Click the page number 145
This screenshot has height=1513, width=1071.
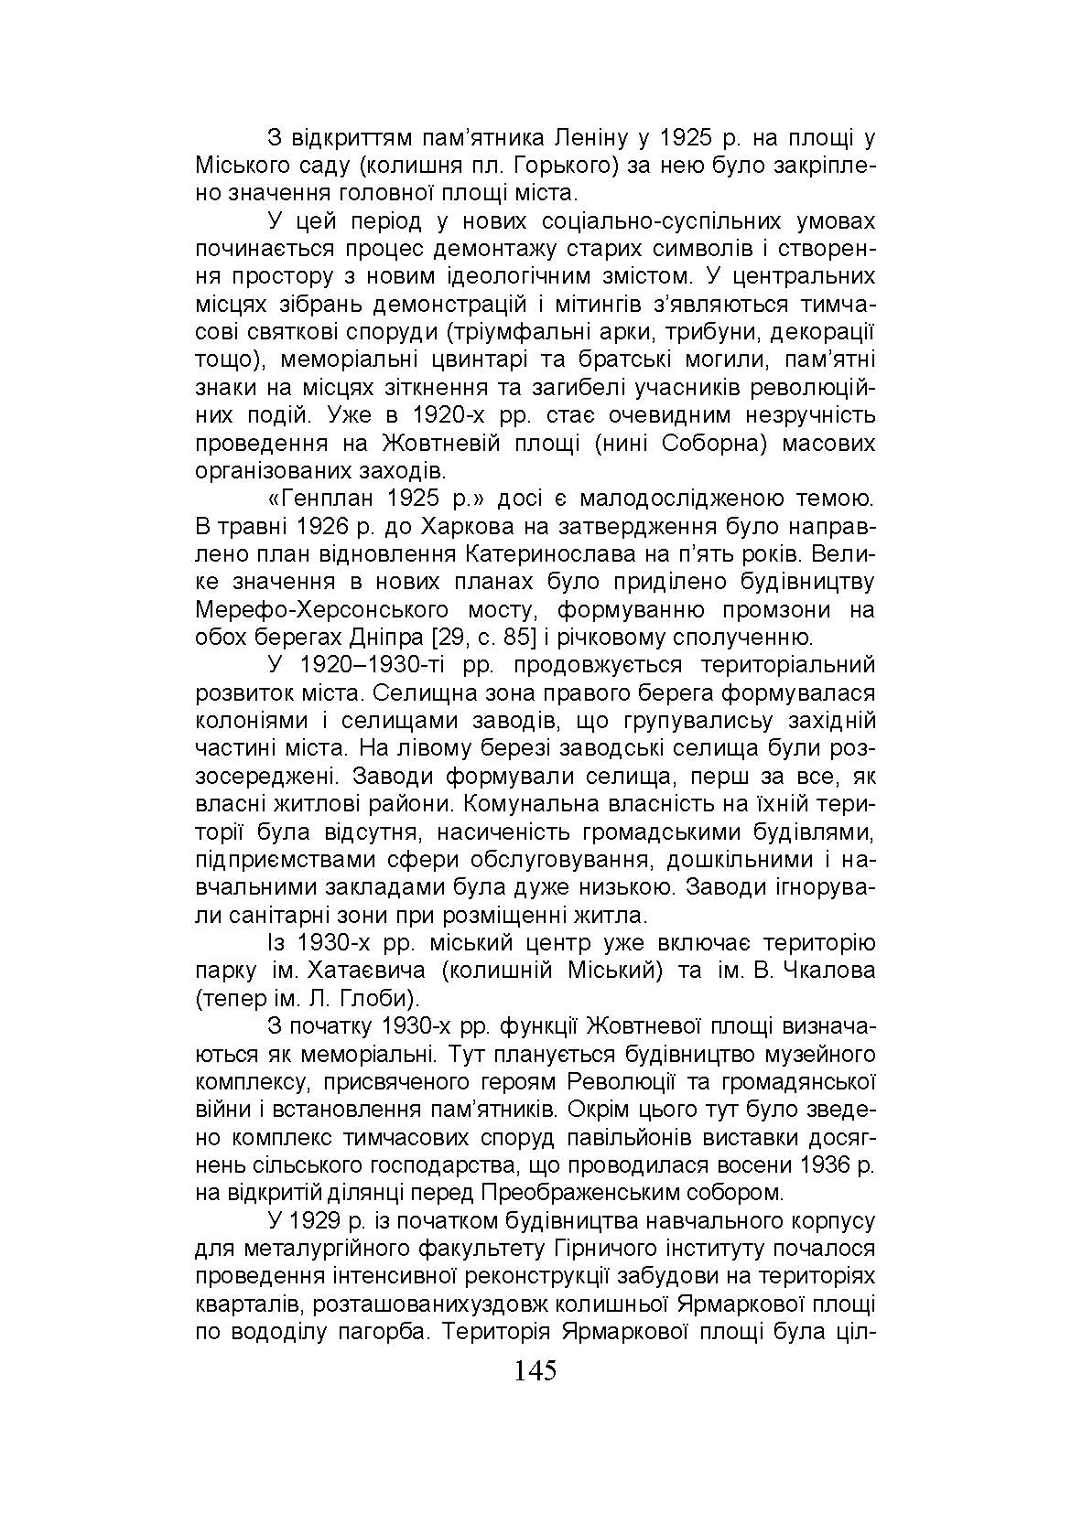(x=535, y=1370)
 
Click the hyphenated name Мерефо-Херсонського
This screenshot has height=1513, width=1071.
(x=322, y=610)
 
